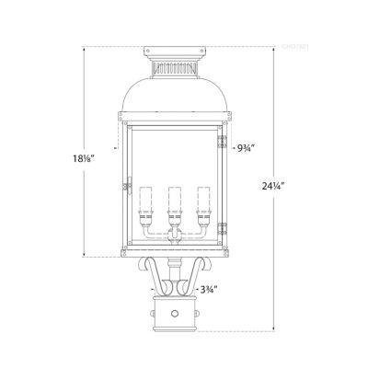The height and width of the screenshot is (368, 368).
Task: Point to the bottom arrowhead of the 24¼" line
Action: (x=274, y=329)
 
